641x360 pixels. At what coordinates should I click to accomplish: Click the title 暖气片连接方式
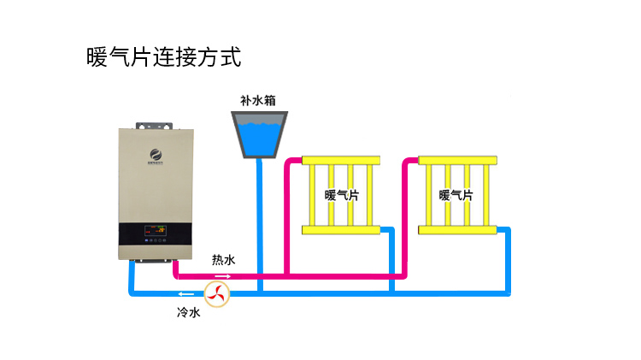(164, 57)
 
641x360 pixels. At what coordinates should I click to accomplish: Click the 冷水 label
(188, 313)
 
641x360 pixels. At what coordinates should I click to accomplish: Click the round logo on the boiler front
(155, 154)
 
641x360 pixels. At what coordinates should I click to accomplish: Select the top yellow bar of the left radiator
(340, 161)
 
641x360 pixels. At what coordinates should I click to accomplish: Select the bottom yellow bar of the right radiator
(456, 229)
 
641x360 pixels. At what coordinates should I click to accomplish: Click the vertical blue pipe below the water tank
(258, 222)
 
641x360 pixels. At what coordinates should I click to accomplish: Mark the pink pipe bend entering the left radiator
(291, 162)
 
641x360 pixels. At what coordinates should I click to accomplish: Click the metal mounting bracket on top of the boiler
(155, 123)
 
